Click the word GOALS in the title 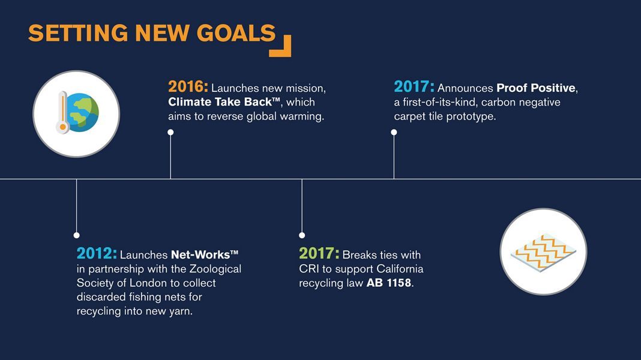pos(236,33)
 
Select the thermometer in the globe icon pos(62,112)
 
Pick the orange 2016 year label pos(188,87)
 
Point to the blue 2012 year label pos(97,254)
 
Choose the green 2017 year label pos(319,254)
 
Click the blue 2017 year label pos(414,87)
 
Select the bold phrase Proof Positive pos(535,88)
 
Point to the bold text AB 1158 pos(388,283)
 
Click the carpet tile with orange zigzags pos(543,252)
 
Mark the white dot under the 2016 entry pos(170,133)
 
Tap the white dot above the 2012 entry pos(76,235)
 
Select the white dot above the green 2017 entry pos(302,235)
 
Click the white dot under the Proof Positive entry pos(394,133)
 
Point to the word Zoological pos(215,269)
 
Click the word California pos(400,269)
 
